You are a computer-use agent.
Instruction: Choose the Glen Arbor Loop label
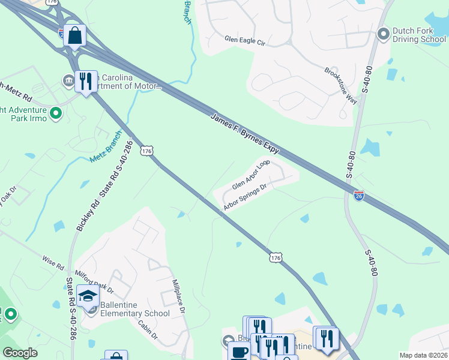(x=251, y=175)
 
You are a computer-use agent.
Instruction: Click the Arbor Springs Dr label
(x=244, y=198)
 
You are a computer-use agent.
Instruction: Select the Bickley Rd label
(x=81, y=211)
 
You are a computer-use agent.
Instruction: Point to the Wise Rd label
(x=53, y=262)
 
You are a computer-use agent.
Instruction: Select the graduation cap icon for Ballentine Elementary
(x=88, y=295)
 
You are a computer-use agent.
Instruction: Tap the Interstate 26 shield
(x=358, y=196)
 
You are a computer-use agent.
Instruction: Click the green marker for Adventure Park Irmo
(x=55, y=113)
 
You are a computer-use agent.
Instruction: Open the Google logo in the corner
(x=20, y=353)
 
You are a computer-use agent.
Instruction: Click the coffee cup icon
(x=240, y=352)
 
